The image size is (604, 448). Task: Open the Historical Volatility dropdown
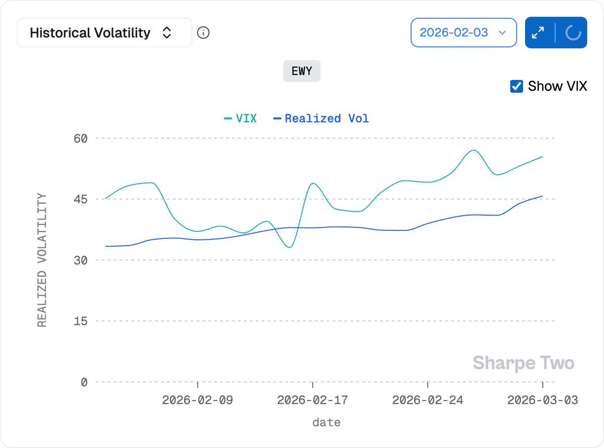[104, 33]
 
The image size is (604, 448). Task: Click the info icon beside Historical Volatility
[203, 33]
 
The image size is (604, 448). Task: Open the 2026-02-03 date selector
[463, 33]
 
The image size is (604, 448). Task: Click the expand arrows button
[538, 33]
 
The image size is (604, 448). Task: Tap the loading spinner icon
[572, 33]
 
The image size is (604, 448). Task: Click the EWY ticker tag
[302, 71]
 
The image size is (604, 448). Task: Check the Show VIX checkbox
[517, 86]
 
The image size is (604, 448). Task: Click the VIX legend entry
[241, 118]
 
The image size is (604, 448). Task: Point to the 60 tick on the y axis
[80, 138]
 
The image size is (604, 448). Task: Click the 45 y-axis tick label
[80, 199]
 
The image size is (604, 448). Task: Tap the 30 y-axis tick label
[80, 260]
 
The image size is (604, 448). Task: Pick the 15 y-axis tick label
[80, 321]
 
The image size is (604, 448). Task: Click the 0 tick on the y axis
[84, 382]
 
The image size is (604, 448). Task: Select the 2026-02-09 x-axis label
[197, 400]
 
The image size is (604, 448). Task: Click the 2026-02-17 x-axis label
[312, 400]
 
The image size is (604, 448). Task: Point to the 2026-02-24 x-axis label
[427, 400]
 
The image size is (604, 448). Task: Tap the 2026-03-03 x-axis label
[542, 400]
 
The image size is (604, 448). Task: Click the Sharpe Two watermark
[524, 364]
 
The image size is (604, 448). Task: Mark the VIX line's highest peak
[473, 150]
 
